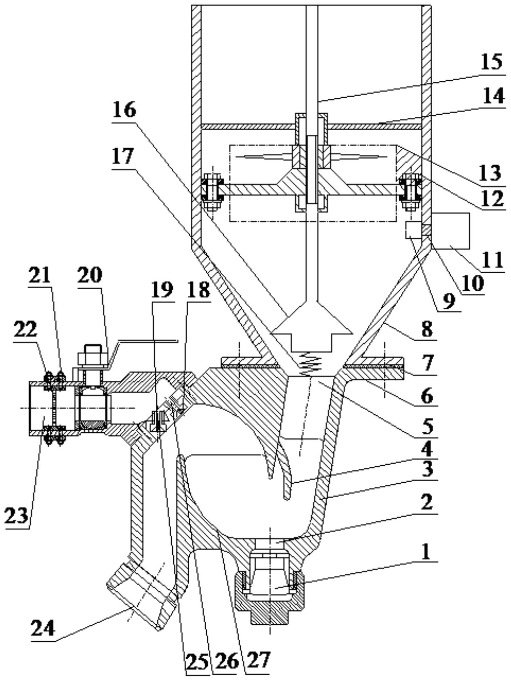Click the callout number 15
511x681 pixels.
click(491, 63)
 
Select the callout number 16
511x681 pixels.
click(124, 110)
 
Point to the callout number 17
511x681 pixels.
click(124, 156)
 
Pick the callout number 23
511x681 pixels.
click(16, 516)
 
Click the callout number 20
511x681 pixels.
click(90, 275)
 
